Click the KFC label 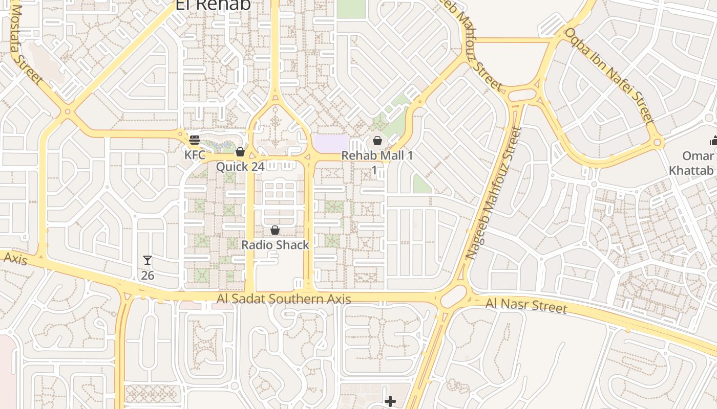[195, 154]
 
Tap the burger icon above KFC [195, 140]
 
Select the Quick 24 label [240, 167]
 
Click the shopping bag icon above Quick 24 [240, 152]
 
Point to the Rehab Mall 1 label [377, 155]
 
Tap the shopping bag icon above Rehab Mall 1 [377, 140]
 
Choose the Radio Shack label [275, 245]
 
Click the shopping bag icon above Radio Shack [275, 230]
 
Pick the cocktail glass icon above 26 [147, 260]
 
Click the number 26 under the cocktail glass [147, 276]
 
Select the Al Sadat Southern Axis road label [284, 299]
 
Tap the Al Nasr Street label [526, 306]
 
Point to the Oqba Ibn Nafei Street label [609, 76]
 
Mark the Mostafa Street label [26, 43]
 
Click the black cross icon [390, 401]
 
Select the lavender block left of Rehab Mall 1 [330, 143]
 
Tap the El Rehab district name [213, 5]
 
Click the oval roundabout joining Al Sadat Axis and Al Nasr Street [453, 297]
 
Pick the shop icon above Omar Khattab [713, 141]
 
